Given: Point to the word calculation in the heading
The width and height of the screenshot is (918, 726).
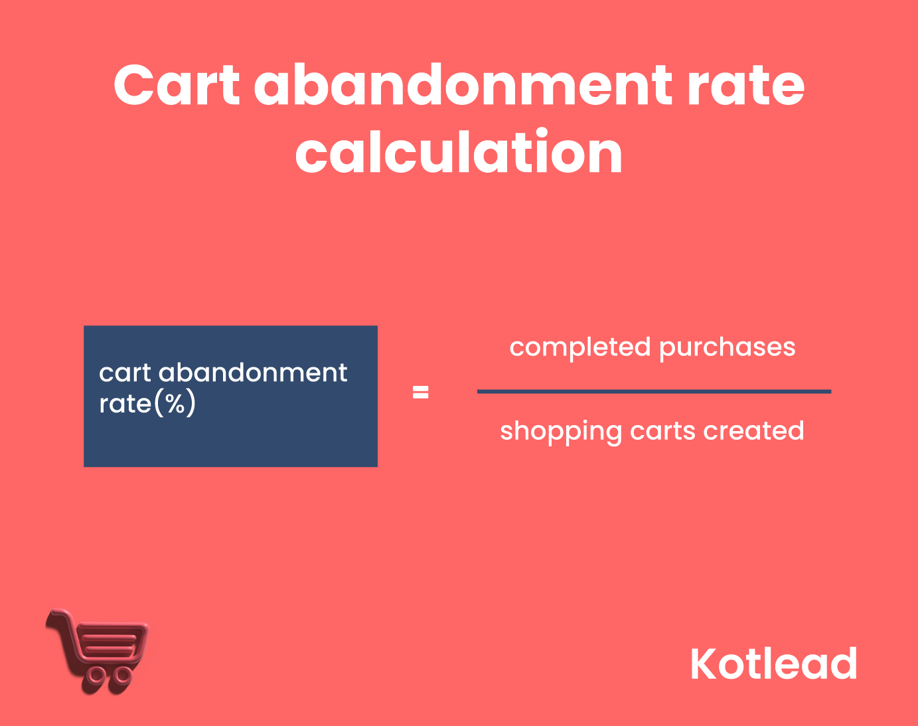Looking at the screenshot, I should (x=459, y=153).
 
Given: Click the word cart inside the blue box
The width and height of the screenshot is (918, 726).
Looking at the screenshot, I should (x=125, y=373).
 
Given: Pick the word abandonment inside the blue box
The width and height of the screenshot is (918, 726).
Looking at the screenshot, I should (x=253, y=373).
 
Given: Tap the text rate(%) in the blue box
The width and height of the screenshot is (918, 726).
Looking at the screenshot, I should (x=147, y=403).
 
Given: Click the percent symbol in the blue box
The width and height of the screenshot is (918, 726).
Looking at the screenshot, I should (x=175, y=403).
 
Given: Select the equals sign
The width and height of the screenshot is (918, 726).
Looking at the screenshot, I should (x=420, y=393).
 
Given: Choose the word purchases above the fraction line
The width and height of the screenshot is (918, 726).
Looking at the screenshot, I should (x=727, y=347).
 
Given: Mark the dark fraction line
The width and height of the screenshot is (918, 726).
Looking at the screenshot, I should (x=654, y=391).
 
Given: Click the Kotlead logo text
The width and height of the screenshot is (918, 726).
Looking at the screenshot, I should (x=773, y=664).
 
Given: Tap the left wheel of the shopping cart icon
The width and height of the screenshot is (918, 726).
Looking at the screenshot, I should (x=97, y=675).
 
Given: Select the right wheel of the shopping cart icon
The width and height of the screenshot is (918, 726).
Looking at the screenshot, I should (x=122, y=675).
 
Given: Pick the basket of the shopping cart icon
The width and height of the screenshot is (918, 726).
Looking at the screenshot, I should (x=110, y=642).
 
